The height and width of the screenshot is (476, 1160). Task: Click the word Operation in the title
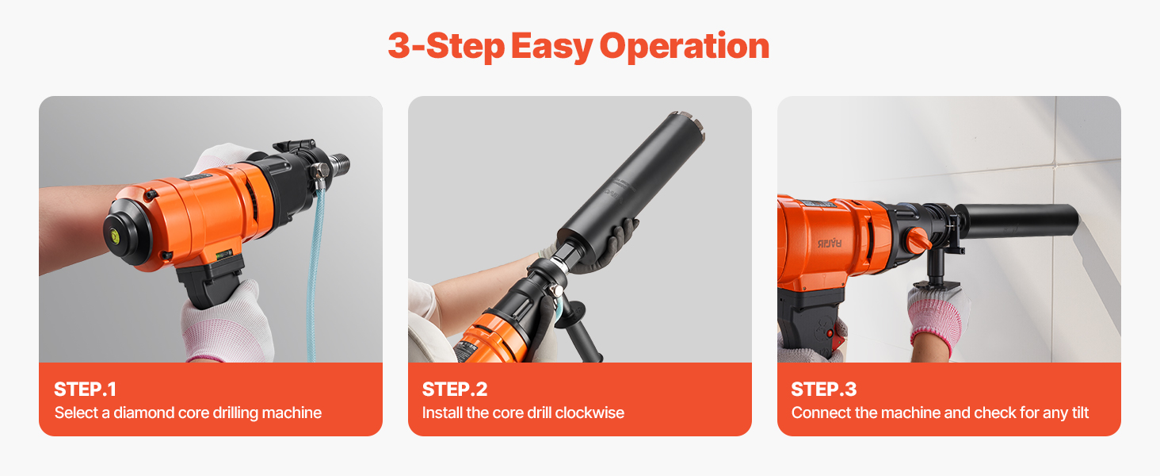pos(684,47)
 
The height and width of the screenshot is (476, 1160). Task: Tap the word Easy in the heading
pos(551,47)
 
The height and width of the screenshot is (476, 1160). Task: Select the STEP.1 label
pos(85,390)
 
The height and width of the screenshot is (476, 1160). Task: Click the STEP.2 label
pos(455,390)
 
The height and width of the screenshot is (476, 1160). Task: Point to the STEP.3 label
pos(824,390)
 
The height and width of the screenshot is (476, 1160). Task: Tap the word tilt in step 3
pos(1080,413)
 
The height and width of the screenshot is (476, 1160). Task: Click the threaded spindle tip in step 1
pos(340,164)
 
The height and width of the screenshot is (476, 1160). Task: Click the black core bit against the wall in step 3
pos(1017,221)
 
